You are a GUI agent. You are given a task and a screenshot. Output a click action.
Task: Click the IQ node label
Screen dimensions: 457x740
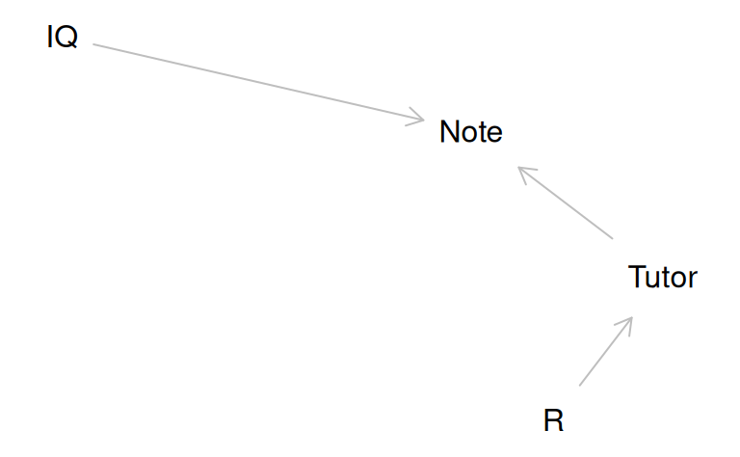(62, 39)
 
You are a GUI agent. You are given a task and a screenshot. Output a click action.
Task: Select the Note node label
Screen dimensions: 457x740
(470, 132)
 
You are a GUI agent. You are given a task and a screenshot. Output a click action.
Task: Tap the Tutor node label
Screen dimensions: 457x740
(662, 278)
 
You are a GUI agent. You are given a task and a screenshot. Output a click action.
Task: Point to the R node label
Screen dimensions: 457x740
(553, 420)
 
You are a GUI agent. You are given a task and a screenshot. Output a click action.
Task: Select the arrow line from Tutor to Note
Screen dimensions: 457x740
(567, 203)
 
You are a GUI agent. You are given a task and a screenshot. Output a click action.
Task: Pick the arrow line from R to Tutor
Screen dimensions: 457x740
(605, 352)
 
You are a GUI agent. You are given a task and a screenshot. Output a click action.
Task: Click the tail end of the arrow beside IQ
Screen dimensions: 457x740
(94, 44)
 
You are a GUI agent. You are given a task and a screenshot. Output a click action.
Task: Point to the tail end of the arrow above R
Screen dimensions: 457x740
(580, 385)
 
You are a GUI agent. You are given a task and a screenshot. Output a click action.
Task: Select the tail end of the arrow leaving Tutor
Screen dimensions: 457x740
(612, 237)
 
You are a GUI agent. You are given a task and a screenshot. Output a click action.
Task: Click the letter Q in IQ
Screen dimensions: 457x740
(67, 39)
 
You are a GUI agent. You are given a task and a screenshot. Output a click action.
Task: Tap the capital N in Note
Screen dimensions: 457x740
(449, 132)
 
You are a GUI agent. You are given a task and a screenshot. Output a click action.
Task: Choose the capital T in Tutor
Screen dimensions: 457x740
(637, 278)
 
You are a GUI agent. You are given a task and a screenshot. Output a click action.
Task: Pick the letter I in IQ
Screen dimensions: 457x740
(50, 39)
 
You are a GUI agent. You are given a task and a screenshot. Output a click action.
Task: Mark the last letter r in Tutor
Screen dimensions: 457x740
(693, 280)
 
